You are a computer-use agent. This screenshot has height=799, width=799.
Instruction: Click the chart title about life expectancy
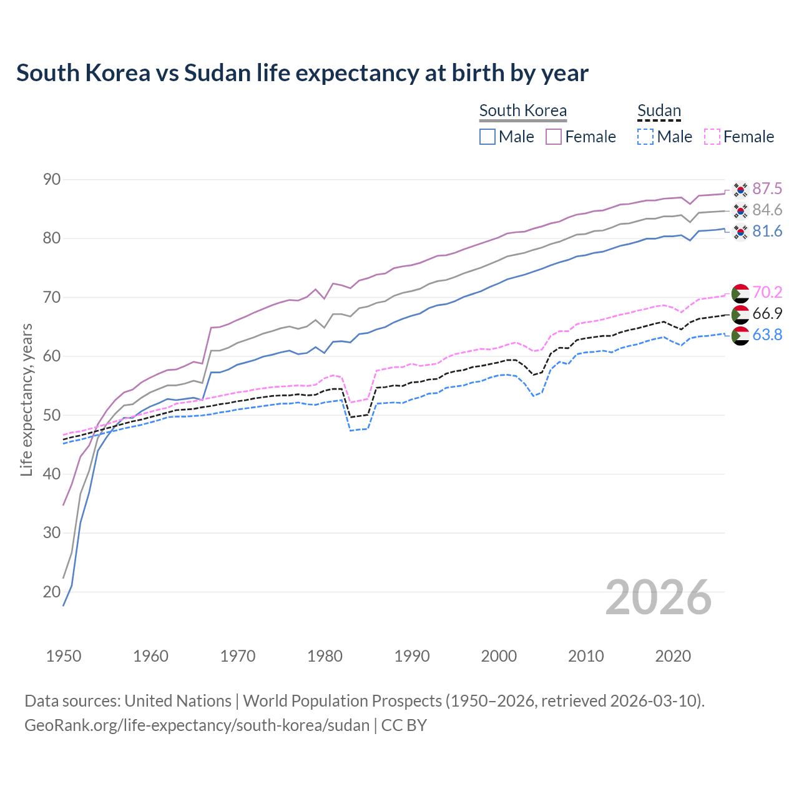pos(302,73)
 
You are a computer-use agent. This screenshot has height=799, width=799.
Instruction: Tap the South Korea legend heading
pos(522,111)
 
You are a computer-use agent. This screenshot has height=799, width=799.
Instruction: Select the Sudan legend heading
pos(659,111)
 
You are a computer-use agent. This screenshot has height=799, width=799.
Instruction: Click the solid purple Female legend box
pos(554,137)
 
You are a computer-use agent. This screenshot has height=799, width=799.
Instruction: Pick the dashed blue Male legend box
pos(645,137)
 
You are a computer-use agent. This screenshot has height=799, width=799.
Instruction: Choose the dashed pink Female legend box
pos(712,137)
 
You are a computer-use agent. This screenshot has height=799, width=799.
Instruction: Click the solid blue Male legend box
pos(488,137)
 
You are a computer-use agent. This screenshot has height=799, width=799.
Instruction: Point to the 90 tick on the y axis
pos(52,180)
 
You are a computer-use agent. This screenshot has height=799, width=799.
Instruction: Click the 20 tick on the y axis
pos(52,592)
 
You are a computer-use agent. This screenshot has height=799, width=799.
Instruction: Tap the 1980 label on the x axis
pos(325,656)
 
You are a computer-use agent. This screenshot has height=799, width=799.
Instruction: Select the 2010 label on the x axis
pos(586,656)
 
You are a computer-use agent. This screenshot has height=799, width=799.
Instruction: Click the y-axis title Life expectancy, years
pos(26,399)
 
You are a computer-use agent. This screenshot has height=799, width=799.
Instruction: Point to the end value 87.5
pos(767,189)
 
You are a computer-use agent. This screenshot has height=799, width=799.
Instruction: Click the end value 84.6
pos(767,210)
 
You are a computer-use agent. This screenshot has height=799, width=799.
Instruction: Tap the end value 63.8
pos(767,335)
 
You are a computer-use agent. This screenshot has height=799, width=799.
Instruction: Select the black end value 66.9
pos(767,314)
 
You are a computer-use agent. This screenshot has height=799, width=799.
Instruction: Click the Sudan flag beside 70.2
pos(740,293)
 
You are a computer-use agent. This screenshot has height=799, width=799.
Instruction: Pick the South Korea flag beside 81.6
pos(740,232)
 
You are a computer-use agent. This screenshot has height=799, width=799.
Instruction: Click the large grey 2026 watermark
pos(658,597)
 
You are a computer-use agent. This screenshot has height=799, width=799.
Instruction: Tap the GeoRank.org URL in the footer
pos(197,725)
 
